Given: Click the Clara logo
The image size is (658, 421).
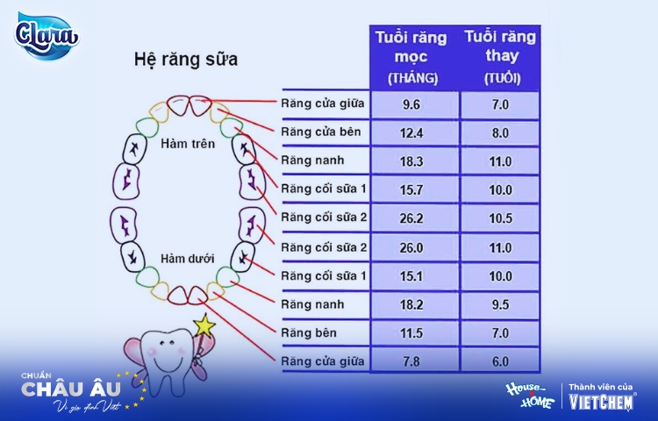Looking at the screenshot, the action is tap(46, 36).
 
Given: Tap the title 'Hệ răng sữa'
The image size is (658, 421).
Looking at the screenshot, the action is tap(186, 59).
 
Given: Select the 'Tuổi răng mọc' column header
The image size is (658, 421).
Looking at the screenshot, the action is tap(411, 57).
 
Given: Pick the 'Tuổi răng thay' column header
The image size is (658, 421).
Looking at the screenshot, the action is tap(500, 57).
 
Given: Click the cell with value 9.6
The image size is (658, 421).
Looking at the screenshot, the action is tap(411, 104).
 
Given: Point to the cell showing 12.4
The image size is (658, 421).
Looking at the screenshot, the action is tap(411, 133).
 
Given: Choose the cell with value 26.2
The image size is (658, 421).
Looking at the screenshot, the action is tap(411, 218).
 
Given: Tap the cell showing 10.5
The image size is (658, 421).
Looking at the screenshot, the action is tap(500, 218).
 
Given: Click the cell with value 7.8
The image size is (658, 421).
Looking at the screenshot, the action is tap(411, 361).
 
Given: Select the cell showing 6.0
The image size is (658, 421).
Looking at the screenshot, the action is tap(500, 361).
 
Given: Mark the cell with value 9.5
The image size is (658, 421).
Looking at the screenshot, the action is tap(500, 304).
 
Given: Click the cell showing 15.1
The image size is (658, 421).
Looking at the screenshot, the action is tap(411, 276).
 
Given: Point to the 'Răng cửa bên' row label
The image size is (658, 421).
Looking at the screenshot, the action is tap(321, 132).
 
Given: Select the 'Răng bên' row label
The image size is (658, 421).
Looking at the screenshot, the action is tap(309, 333).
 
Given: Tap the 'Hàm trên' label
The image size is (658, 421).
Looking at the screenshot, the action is tap(188, 144).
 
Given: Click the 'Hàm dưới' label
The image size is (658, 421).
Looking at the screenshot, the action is tap(187, 259).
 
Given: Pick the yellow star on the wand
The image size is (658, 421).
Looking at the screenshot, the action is tap(204, 325).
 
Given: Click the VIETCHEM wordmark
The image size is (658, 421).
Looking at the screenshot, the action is tap(601, 402).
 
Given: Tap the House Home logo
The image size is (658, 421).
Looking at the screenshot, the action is tap(531, 395).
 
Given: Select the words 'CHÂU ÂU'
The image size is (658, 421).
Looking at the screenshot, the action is tap(71, 389).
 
